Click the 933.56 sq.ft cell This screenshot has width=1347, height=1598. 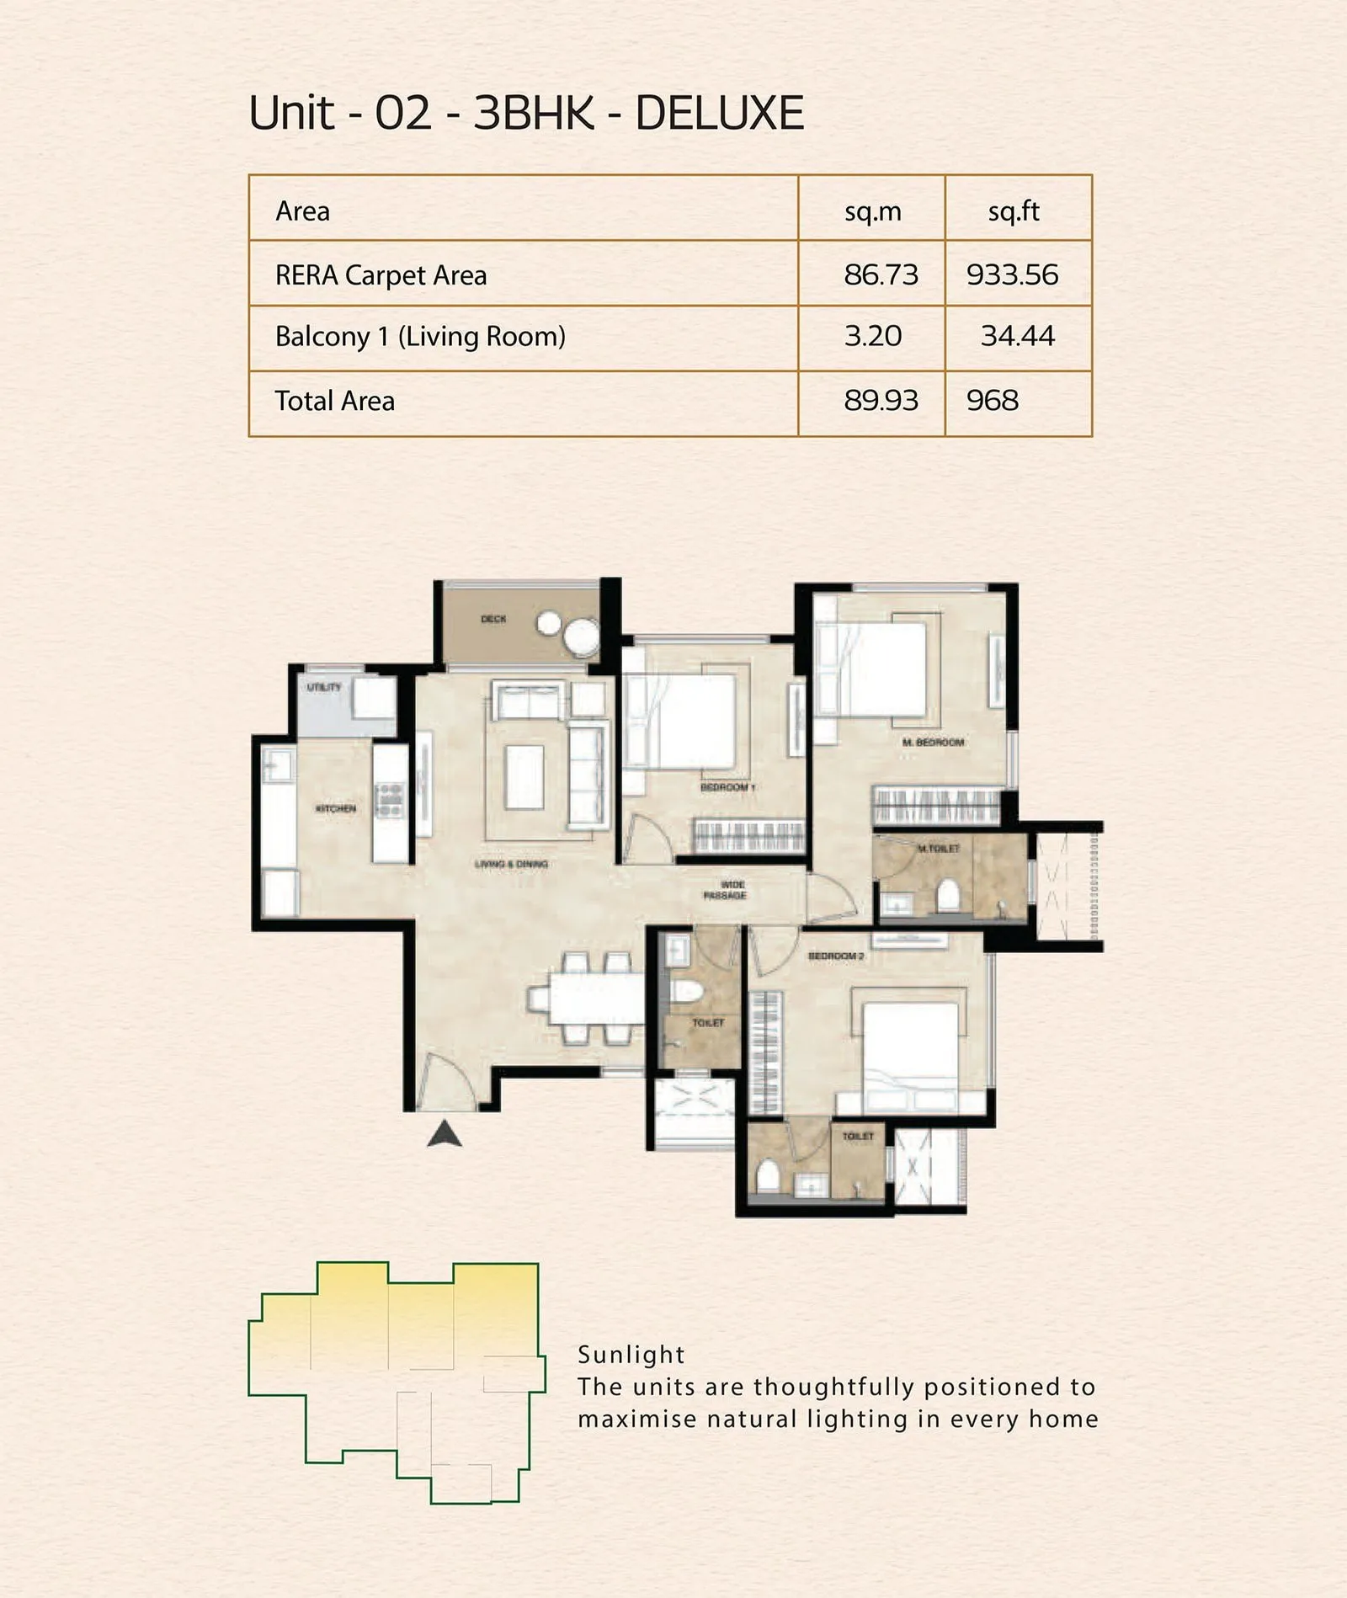[x=1012, y=274]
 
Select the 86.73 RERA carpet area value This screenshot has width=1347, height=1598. [x=881, y=274]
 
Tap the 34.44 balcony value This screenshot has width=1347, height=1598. [x=1017, y=336]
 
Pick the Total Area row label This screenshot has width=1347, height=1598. [x=335, y=401]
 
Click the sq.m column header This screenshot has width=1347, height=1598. [x=873, y=211]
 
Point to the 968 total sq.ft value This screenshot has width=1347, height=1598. [x=993, y=401]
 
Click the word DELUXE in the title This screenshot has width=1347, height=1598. [x=719, y=113]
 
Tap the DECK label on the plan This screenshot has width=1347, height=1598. [x=493, y=619]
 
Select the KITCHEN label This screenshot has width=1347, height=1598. [x=336, y=808]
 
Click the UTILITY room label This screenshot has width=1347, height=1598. [x=324, y=687]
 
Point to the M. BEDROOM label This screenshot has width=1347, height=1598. [x=933, y=743]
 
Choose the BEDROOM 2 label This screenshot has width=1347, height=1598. [x=836, y=956]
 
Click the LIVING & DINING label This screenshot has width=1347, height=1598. [x=511, y=864]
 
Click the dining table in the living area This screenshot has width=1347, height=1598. [x=595, y=999]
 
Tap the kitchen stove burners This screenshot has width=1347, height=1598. [x=389, y=800]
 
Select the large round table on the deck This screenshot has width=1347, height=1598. [x=582, y=637]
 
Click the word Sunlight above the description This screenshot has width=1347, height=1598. [x=631, y=1355]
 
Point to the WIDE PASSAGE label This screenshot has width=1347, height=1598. [x=725, y=890]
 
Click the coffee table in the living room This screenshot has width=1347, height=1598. [x=524, y=777]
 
